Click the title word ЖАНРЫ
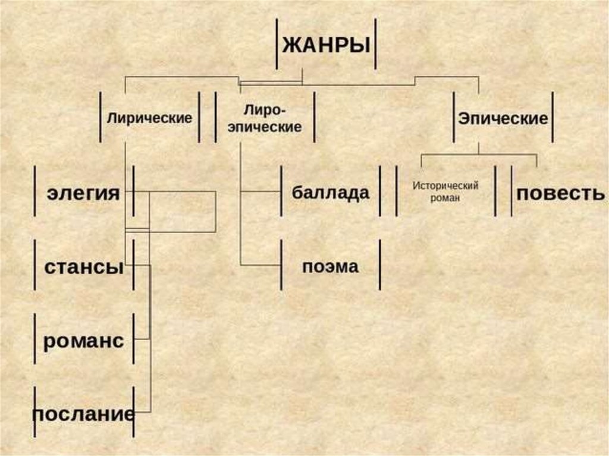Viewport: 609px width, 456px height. (x=325, y=45)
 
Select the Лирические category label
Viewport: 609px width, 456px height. (x=149, y=118)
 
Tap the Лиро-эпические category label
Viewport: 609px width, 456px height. (x=265, y=118)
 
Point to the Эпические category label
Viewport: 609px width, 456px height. (x=503, y=118)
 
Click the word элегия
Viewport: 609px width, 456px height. (x=84, y=193)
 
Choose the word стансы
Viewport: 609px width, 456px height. (x=84, y=266)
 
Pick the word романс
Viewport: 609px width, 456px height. (x=83, y=341)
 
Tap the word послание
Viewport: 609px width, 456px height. (x=83, y=413)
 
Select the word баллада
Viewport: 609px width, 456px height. (x=331, y=193)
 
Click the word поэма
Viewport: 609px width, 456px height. (x=331, y=266)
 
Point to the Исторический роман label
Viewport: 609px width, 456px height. (x=445, y=191)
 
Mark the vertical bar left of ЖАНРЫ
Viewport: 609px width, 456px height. (x=277, y=44)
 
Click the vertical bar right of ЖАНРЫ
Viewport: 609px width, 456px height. (x=375, y=44)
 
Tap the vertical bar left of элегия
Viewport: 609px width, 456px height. (x=36, y=191)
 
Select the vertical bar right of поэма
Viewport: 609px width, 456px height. (x=380, y=265)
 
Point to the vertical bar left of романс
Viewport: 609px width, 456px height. (x=36, y=339)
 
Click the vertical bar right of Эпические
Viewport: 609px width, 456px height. (x=553, y=117)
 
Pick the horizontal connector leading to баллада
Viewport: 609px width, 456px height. (x=260, y=192)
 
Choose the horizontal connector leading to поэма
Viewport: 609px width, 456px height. (x=260, y=265)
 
